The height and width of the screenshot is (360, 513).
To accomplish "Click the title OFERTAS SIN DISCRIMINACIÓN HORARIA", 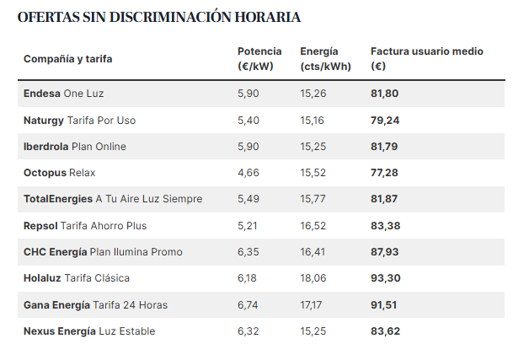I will pyautogui.click(x=159, y=17).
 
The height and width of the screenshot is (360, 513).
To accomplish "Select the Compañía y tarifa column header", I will pyautogui.click(x=68, y=59).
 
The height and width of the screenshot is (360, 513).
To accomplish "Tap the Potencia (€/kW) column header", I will pyautogui.click(x=259, y=59).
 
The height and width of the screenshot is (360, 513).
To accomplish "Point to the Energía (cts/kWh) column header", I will pyautogui.click(x=325, y=59).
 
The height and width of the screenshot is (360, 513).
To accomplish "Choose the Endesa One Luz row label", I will pyautogui.click(x=64, y=94).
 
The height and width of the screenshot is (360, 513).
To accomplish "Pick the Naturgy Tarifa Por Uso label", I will pyautogui.click(x=79, y=121).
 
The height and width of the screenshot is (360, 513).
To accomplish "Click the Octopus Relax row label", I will pyautogui.click(x=60, y=173).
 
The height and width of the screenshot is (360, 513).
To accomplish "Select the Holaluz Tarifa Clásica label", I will pyautogui.click(x=77, y=278).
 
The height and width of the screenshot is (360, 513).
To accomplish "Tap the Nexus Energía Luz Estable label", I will pyautogui.click(x=89, y=331).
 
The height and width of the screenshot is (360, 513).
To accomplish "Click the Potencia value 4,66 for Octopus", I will pyautogui.click(x=248, y=173).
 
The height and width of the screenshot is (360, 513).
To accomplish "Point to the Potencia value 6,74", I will pyautogui.click(x=248, y=305).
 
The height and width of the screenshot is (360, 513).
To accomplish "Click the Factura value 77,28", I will pyautogui.click(x=385, y=173).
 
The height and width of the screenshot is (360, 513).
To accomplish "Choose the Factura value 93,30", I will pyautogui.click(x=385, y=278).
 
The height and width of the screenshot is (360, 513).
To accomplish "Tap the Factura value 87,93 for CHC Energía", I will pyautogui.click(x=385, y=252).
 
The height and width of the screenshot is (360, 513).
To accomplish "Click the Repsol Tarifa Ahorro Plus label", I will pyautogui.click(x=85, y=226).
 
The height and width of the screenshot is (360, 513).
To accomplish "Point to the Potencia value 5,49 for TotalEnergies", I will pyautogui.click(x=248, y=199).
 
